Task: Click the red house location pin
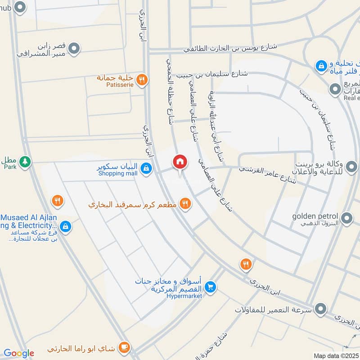pos(180,162)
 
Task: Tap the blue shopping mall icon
pos(145,169)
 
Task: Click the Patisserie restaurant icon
pos(141,80)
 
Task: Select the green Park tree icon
pos(26,161)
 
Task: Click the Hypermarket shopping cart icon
pos(210,287)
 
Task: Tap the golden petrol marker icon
pos(346,219)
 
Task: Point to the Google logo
pos(18,353)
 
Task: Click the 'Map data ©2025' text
pos(336,355)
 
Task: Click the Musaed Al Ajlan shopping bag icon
pos(66,227)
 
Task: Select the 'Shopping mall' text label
pos(117,173)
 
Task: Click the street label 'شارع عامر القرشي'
pos(267,175)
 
